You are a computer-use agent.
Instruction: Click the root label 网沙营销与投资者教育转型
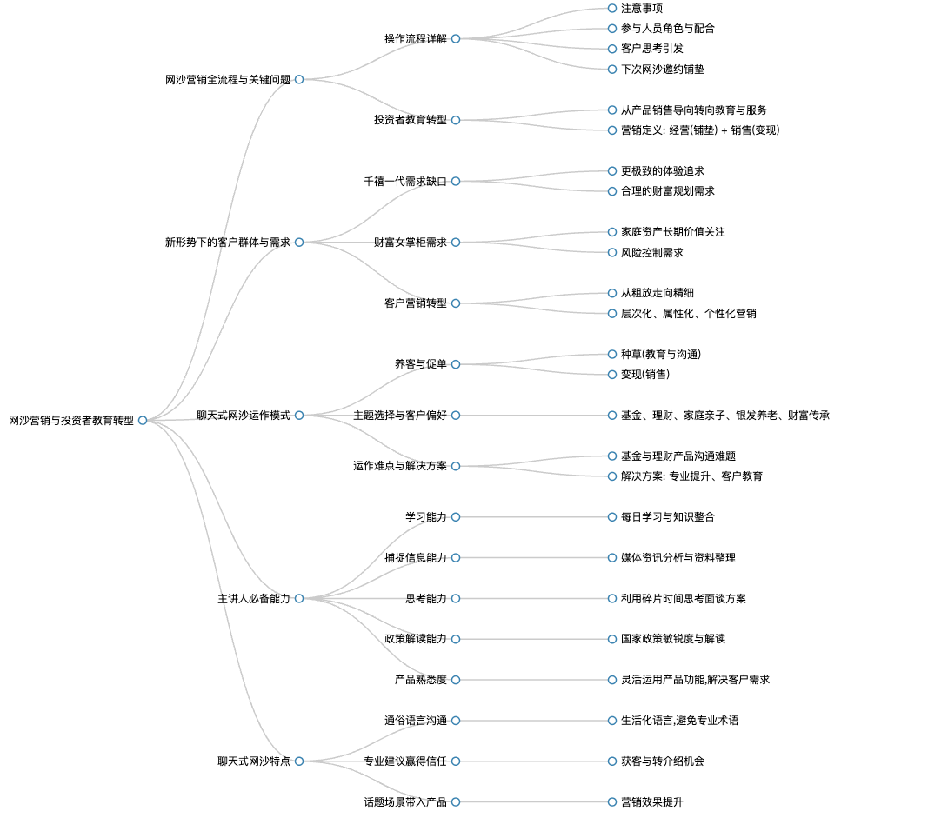(71, 421)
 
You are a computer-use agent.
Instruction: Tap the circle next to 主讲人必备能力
(299, 599)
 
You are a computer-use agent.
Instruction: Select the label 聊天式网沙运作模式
(244, 416)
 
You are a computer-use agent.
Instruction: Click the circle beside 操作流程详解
(456, 39)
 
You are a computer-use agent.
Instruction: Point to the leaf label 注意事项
(642, 9)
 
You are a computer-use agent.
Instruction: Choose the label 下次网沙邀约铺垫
(662, 70)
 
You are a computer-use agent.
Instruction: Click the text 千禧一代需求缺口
(405, 182)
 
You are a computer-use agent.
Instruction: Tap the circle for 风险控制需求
(612, 253)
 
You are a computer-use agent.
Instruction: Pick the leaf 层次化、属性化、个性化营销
(688, 314)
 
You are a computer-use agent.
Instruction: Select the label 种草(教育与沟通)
(661, 355)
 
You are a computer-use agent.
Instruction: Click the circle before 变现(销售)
(612, 375)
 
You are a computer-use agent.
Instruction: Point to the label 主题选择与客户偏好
(400, 416)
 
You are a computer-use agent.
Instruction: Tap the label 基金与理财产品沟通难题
(678, 456)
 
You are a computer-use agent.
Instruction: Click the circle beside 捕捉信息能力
(456, 558)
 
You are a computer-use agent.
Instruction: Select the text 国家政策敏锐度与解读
(673, 639)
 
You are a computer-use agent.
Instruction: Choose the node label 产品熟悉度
(421, 680)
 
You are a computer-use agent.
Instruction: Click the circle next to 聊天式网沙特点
(299, 761)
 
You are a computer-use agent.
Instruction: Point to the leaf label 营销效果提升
(651, 802)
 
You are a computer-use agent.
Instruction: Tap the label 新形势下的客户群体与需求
(228, 243)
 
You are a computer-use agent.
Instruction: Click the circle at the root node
(143, 421)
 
